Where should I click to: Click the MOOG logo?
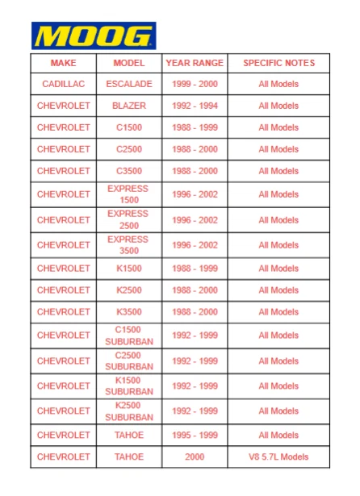click(93, 36)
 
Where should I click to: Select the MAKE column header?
click(63, 63)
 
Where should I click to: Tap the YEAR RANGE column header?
click(195, 63)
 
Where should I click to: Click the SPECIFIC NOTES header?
click(278, 63)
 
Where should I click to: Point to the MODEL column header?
click(129, 63)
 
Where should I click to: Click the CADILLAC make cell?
click(63, 84)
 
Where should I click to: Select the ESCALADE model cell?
click(129, 84)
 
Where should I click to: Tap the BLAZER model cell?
click(129, 106)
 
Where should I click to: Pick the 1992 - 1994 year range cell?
click(195, 106)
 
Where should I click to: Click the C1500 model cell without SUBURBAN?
click(129, 127)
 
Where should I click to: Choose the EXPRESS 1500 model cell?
click(129, 194)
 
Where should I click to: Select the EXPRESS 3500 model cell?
click(129, 245)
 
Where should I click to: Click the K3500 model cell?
click(129, 312)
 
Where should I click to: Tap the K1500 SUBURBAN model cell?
click(129, 386)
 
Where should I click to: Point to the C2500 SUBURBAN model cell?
click(129, 361)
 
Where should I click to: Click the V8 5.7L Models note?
click(278, 457)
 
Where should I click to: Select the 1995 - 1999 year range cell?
click(195, 436)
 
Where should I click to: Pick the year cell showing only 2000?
click(195, 457)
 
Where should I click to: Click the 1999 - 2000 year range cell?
click(195, 84)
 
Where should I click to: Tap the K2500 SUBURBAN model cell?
click(129, 411)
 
